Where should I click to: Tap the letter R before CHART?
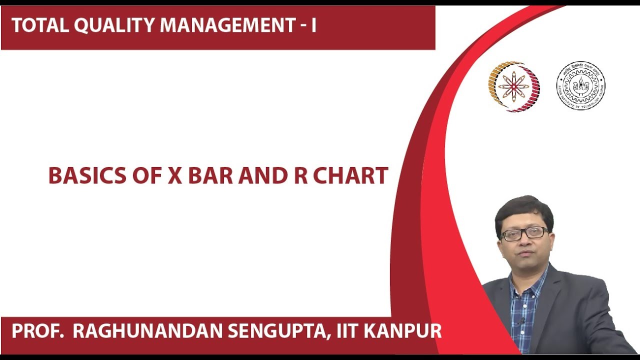click(301, 176)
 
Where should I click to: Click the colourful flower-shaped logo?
click(514, 86)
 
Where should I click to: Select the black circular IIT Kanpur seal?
click(580, 85)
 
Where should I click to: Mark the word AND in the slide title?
click(259, 176)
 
